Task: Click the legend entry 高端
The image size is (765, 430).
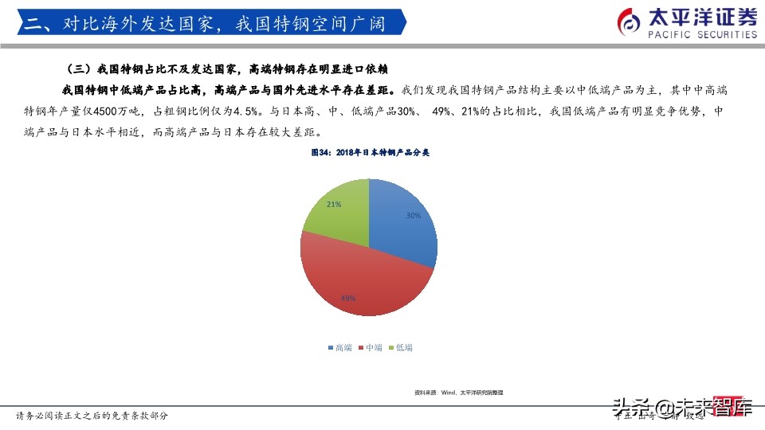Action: click(x=339, y=348)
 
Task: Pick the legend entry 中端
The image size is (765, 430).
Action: click(x=370, y=348)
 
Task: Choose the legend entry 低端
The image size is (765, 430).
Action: click(x=400, y=348)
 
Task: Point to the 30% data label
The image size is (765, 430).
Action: click(x=413, y=216)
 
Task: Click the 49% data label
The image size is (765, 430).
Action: click(x=347, y=299)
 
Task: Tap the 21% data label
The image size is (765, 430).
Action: click(x=334, y=205)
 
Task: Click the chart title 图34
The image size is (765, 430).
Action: click(x=370, y=151)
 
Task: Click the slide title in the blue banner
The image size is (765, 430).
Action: click(x=205, y=24)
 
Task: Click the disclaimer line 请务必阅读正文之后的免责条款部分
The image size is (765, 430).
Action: click(x=92, y=416)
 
